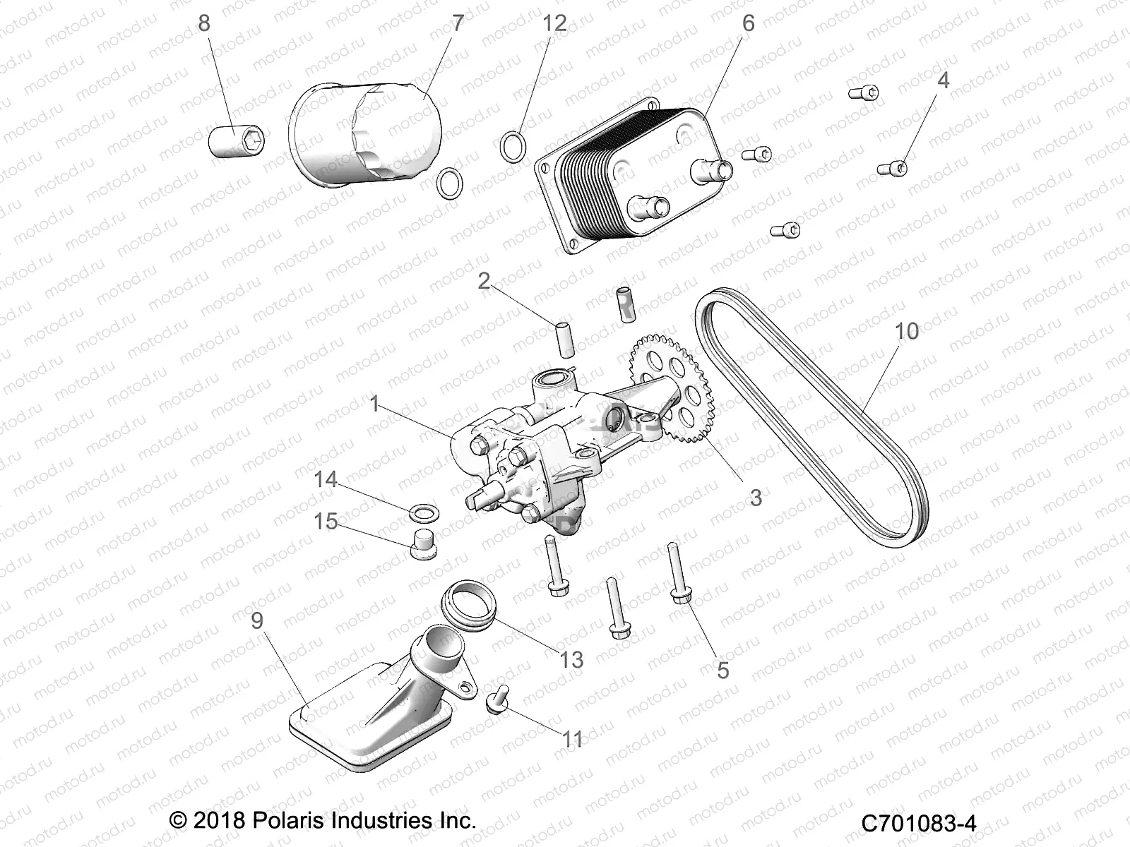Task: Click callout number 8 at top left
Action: [203, 23]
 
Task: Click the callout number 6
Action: [748, 23]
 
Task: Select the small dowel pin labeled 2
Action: [562, 339]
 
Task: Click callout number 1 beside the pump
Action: [375, 404]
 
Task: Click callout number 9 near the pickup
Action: [257, 620]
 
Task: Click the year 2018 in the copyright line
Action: [218, 821]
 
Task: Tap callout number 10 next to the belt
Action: [907, 330]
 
